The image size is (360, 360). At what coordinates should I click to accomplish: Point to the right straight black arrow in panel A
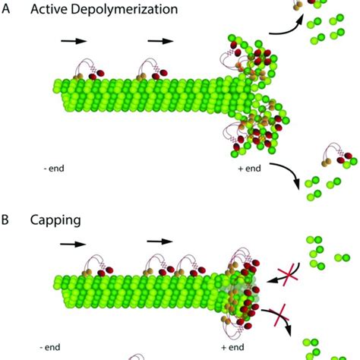point(161,41)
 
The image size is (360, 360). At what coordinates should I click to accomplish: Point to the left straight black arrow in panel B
point(73,244)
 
